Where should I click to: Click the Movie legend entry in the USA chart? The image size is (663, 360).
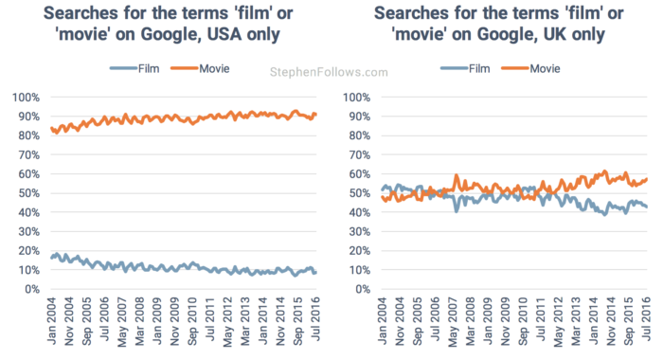(206, 69)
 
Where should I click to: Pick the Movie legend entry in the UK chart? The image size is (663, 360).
(537, 69)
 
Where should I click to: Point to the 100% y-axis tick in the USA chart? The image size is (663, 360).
(26, 98)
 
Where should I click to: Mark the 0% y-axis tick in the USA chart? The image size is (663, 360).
(31, 289)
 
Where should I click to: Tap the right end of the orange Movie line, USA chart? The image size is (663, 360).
(315, 114)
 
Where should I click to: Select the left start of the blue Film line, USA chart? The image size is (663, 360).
(51, 257)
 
